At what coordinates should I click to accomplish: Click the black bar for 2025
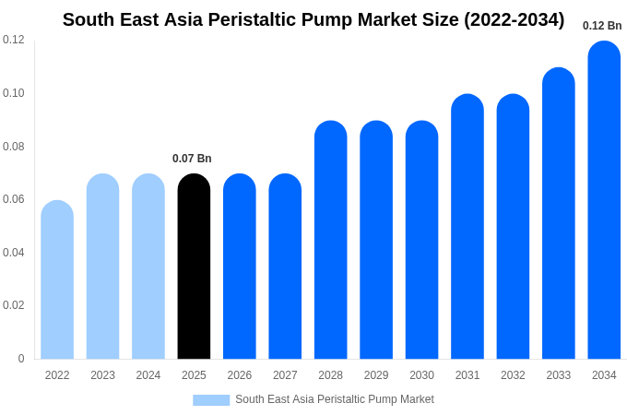pos(194,267)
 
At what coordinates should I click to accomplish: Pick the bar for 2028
pos(330,240)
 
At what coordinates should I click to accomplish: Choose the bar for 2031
pos(467,227)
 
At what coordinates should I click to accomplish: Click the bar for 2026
pos(240,267)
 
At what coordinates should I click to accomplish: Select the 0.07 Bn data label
pos(192,159)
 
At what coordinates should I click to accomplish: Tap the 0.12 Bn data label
pos(602,26)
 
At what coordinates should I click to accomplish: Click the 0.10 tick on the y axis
pos(14,93)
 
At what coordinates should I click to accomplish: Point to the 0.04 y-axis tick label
pos(14,253)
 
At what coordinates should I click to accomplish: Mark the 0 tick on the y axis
pos(21,359)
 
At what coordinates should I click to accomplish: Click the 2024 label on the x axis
pos(148,375)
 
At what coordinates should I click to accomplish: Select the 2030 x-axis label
pos(421,375)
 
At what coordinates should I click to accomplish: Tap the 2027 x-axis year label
pos(285,375)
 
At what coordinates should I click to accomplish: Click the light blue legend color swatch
pos(211,399)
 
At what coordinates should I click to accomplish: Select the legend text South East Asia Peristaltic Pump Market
pos(334,399)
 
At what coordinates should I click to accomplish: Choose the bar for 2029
pos(376,240)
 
